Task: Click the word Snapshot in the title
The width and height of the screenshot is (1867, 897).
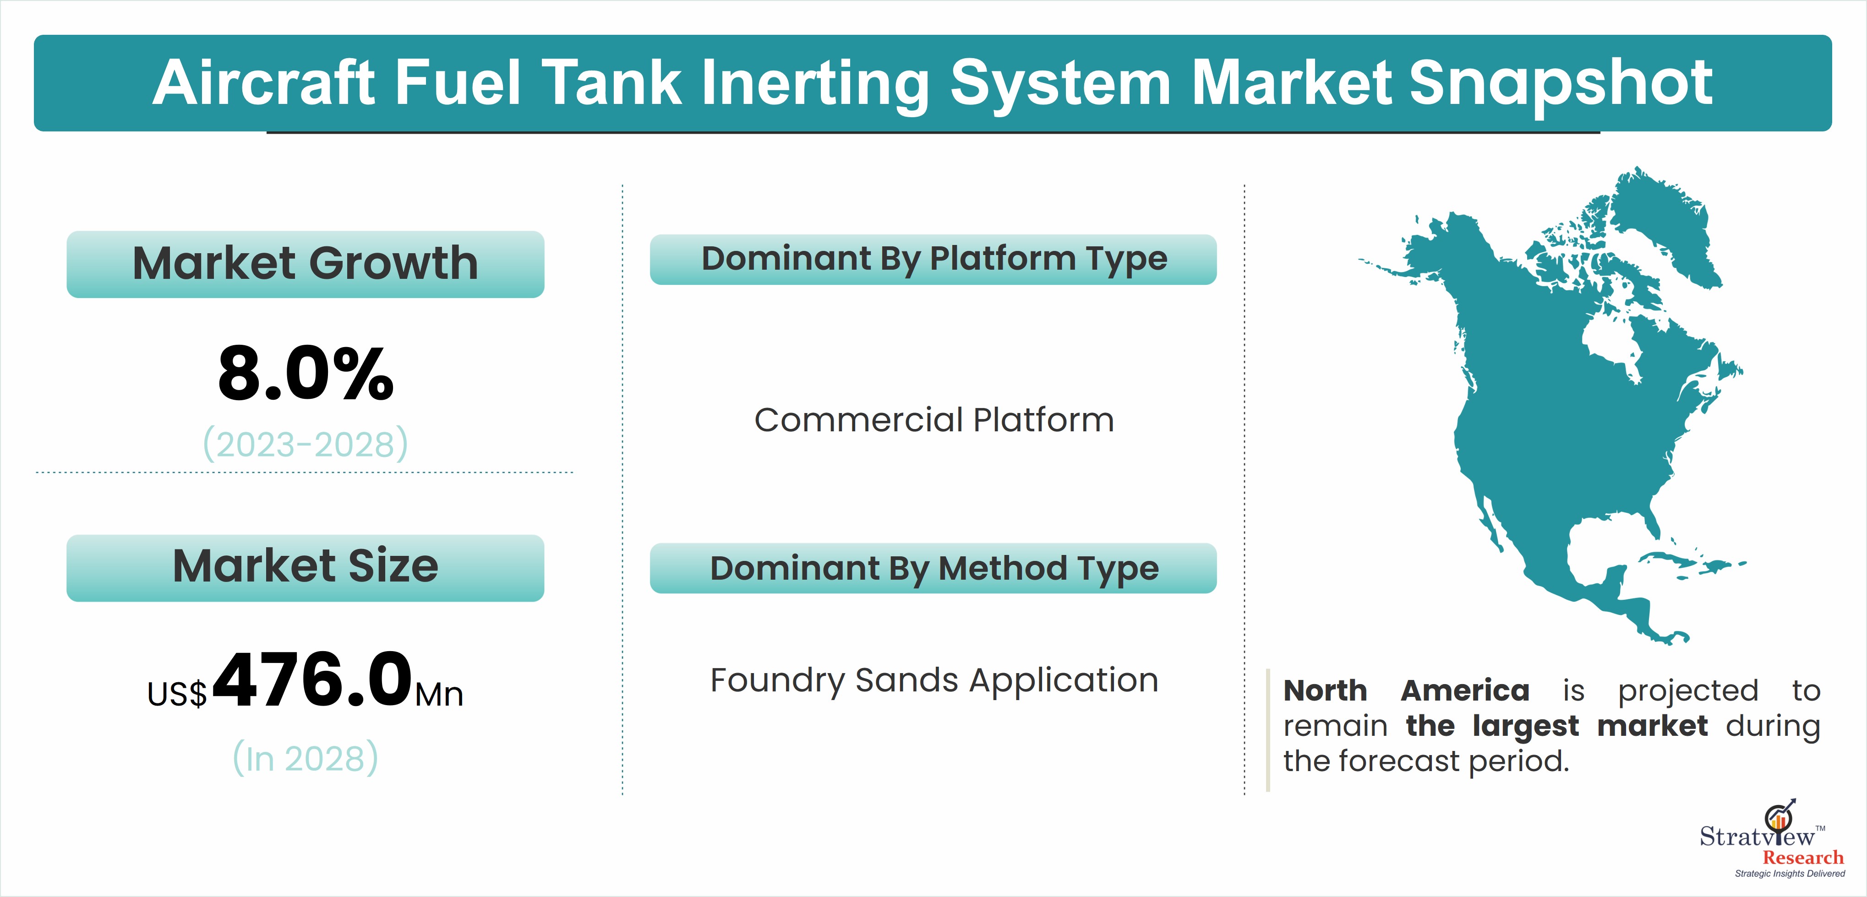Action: coord(1561,84)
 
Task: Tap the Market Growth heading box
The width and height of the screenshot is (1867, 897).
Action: coord(305,264)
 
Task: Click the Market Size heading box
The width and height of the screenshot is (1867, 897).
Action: coord(305,567)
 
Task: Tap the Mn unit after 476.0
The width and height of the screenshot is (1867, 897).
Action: coord(439,694)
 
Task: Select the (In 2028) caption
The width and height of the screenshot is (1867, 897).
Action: coord(305,758)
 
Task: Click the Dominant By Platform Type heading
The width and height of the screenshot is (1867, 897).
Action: coord(933,259)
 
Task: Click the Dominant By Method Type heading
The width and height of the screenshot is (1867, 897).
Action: coord(933,568)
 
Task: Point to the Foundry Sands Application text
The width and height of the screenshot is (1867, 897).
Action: coord(933,681)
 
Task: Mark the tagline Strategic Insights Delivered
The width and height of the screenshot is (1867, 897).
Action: coord(1790,874)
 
